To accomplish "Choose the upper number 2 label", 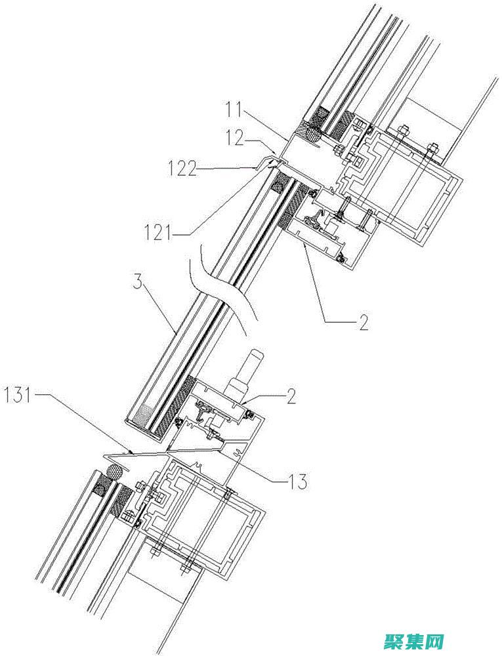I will point(362,321).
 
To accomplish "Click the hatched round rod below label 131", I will point(115,474).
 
